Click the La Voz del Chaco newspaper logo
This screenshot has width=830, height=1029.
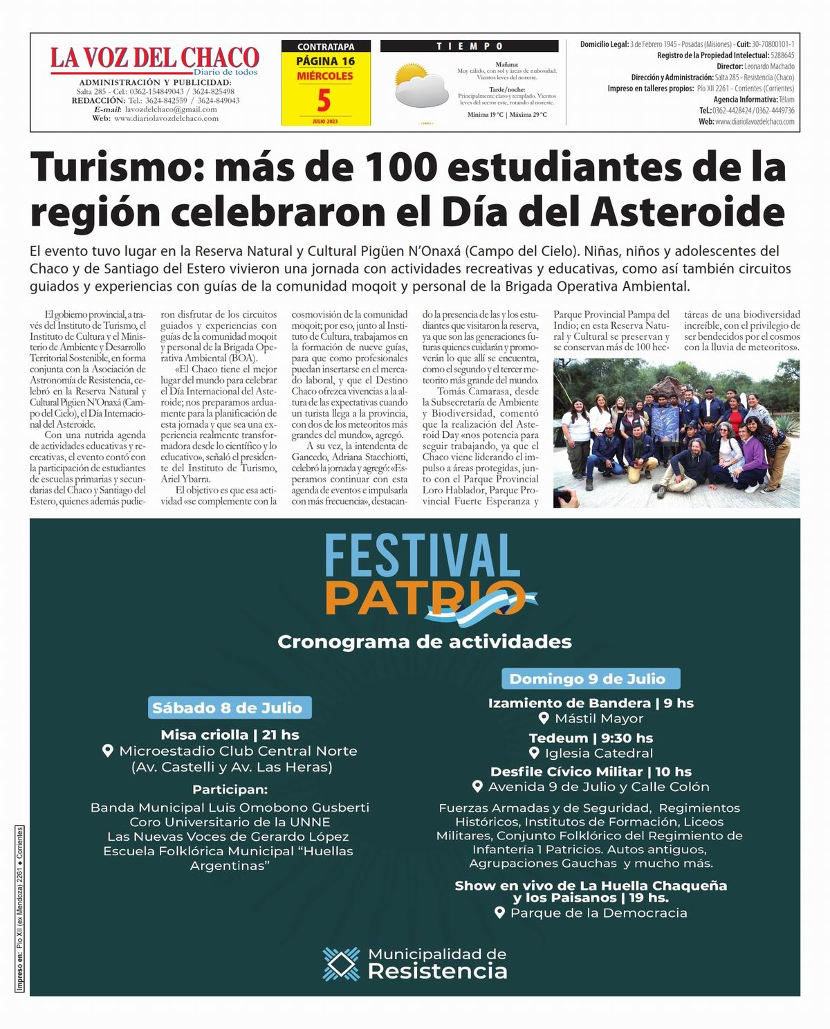(x=154, y=58)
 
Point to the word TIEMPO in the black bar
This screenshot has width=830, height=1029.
(x=470, y=46)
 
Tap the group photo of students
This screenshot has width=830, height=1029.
(x=676, y=433)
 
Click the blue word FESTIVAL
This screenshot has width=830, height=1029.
(x=422, y=558)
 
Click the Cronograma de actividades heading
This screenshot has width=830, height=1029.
(x=424, y=641)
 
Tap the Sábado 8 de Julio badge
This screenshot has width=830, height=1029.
(x=228, y=708)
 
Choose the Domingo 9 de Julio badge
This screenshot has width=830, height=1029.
(x=587, y=679)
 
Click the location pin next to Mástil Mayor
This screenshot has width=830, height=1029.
(x=544, y=718)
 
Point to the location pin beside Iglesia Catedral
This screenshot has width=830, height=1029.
(x=534, y=753)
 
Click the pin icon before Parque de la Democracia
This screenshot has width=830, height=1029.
(x=500, y=913)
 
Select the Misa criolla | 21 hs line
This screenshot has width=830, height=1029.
(x=230, y=735)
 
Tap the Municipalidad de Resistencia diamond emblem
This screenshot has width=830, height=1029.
(x=342, y=964)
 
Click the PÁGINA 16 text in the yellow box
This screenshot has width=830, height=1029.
(x=325, y=61)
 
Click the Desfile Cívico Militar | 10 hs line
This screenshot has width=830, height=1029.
(x=591, y=772)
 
